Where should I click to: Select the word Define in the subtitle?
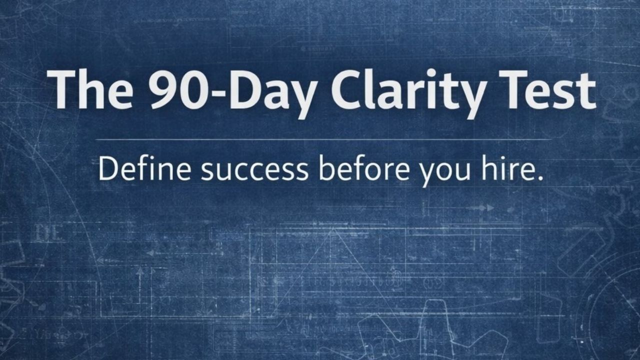point(145,169)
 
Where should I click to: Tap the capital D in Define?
point(108,169)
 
